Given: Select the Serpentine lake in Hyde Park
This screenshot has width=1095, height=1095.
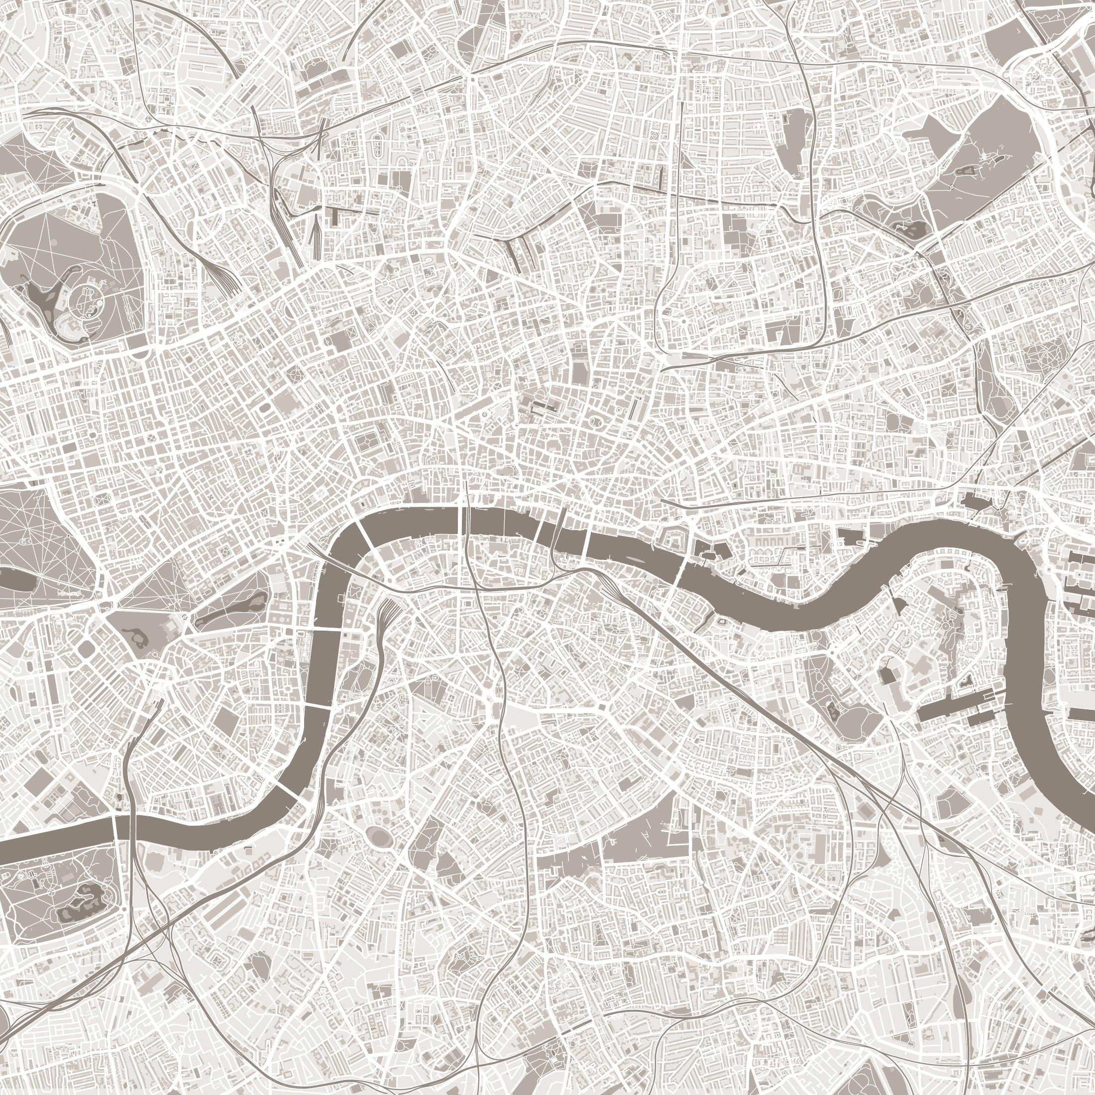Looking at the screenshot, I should pos(17,579).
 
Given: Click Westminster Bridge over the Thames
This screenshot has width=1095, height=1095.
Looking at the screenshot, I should pos(326,630).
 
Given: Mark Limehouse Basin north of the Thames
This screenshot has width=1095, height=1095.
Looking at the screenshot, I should pos(969,502).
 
